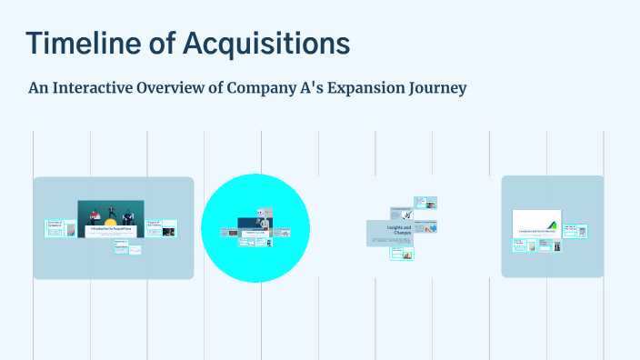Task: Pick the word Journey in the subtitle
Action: click(435, 88)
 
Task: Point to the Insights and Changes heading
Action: click(399, 229)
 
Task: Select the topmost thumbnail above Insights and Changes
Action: click(425, 202)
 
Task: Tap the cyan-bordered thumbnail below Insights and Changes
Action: click(403, 254)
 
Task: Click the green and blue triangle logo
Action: click(550, 224)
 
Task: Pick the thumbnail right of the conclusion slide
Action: click(575, 232)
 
